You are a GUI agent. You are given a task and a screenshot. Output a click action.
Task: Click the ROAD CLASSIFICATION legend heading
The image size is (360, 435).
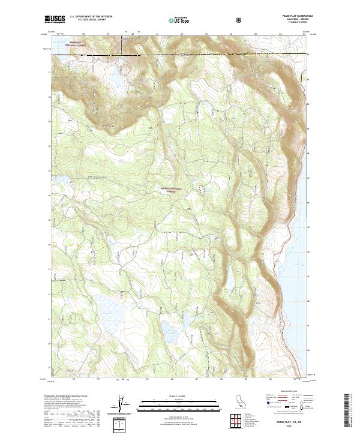pyautogui.click(x=287, y=391)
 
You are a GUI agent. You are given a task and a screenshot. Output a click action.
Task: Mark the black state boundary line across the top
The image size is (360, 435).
pyautogui.click(x=180, y=55)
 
